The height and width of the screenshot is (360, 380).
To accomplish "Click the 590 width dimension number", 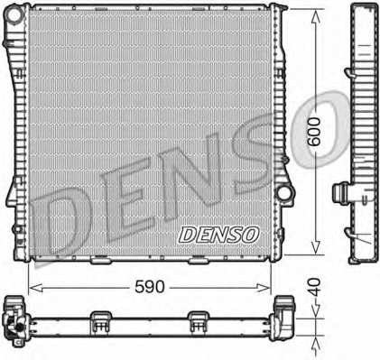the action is point(150,287).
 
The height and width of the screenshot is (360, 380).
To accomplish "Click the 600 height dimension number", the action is point(315,132).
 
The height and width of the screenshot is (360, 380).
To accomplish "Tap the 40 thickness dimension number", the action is point(315,287).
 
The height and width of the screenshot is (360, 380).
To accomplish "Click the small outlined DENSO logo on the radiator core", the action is point(218,235).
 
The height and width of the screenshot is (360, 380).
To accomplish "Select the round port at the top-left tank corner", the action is point(15,15).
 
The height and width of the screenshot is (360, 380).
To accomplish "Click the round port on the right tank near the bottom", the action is point(283,193).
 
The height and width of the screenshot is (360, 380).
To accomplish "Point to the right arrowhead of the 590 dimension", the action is point(264,288).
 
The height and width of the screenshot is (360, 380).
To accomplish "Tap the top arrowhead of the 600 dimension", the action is point(315,16).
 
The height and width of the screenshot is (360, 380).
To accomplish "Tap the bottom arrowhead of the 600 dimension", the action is point(315,247).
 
